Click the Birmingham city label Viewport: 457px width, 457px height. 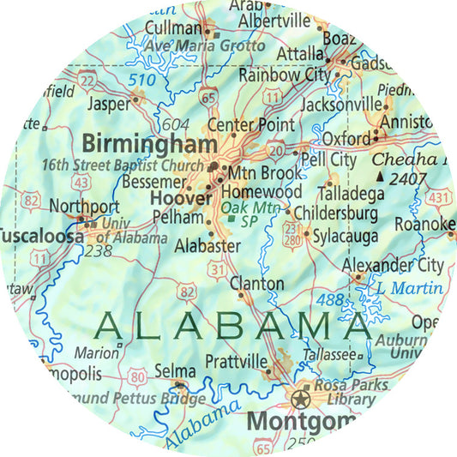[x=147, y=141]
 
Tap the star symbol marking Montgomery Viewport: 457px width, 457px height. [x=301, y=397]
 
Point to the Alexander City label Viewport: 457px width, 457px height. [x=393, y=265]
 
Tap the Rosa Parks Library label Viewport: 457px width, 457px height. [x=345, y=393]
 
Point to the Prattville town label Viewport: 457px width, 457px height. [x=237, y=362]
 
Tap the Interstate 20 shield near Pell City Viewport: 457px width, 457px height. [x=276, y=152]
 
